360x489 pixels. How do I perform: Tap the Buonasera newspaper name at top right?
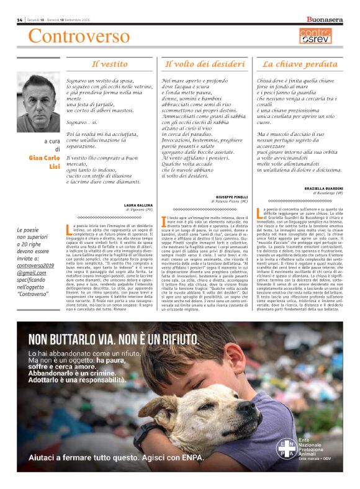(325, 20)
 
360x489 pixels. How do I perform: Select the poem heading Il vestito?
(110, 63)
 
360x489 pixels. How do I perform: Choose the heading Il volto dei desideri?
(204, 63)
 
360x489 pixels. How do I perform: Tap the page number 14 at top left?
(19, 20)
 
